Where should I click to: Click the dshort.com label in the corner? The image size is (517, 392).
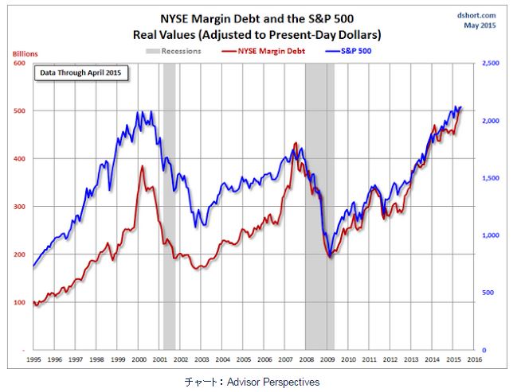pos(478,14)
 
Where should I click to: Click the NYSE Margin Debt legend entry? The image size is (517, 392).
pos(271,51)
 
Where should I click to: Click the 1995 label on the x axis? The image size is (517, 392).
pos(33,359)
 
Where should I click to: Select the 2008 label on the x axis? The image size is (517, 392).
pos(306,359)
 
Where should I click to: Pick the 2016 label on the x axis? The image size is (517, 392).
pos(473,359)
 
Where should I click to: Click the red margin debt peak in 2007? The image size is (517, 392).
pos(296,144)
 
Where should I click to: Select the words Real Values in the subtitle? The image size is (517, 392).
pos(170,35)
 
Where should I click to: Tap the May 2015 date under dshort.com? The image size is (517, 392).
pos(479,25)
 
